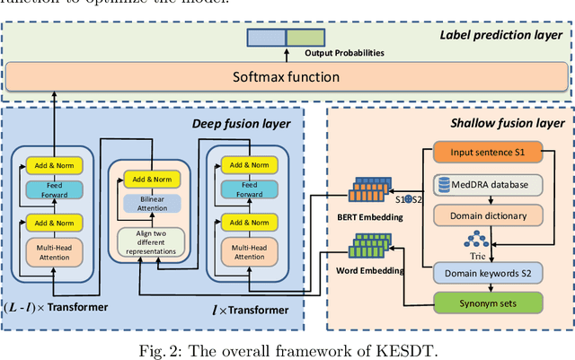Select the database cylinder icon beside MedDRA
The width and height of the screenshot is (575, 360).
point(445,185)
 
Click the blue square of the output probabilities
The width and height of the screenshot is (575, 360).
point(266,38)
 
